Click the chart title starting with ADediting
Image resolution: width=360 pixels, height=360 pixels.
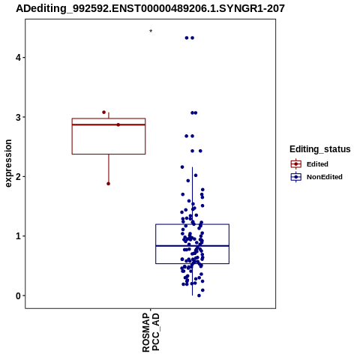(150, 8)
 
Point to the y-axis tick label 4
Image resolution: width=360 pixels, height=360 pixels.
(18, 58)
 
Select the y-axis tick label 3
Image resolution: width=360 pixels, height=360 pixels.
(18, 117)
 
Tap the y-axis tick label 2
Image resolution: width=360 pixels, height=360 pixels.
(18, 177)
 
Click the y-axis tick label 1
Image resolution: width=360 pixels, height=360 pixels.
(18, 236)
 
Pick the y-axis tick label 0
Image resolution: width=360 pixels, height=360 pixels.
(18, 295)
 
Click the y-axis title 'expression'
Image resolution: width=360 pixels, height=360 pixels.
(8, 163)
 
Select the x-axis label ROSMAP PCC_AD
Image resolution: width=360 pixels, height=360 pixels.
(151, 332)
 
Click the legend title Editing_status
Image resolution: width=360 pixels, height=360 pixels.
(320, 149)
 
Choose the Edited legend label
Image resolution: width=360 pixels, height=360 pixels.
(317, 164)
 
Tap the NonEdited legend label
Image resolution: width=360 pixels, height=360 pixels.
(325, 177)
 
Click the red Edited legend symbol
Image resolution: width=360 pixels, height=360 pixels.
(296, 164)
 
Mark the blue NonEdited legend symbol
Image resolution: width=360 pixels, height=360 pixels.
(296, 177)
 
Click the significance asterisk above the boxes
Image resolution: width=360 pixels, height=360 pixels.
(151, 31)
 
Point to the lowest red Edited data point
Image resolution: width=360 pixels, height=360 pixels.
(108, 184)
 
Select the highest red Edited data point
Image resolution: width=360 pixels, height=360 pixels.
(104, 112)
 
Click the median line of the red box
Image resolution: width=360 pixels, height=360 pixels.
(109, 124)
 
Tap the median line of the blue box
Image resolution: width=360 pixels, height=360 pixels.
(193, 246)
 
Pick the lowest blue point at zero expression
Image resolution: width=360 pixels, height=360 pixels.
(199, 295)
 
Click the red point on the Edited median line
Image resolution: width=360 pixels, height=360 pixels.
(118, 124)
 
